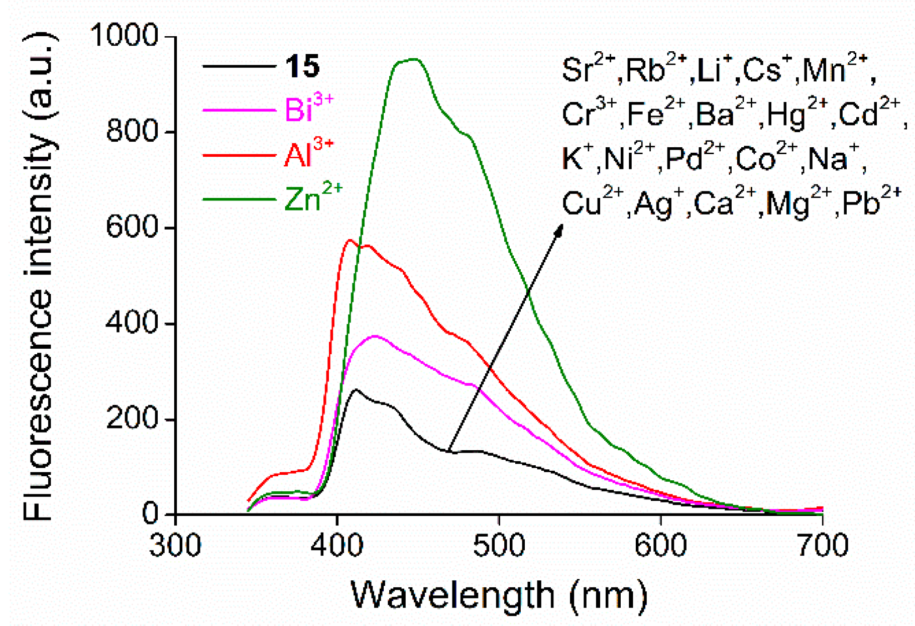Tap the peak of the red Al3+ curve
pos(350,240)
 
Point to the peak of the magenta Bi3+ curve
pos(375,336)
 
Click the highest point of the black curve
pos(356,389)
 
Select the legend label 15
pos(302,66)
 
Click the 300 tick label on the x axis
pos(175,545)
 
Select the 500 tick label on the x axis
pos(499,545)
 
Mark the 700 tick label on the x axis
pos(822,545)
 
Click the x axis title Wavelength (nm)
pos(499,595)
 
